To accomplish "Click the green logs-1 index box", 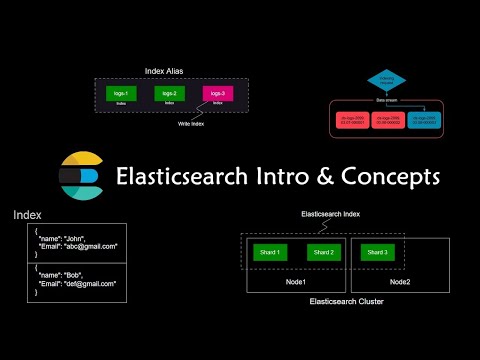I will tap(121, 94).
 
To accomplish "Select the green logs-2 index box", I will tap(169, 94).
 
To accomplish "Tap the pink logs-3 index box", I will tap(217, 94).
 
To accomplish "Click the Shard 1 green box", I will tap(270, 251).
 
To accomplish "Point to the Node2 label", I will tap(400, 282).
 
